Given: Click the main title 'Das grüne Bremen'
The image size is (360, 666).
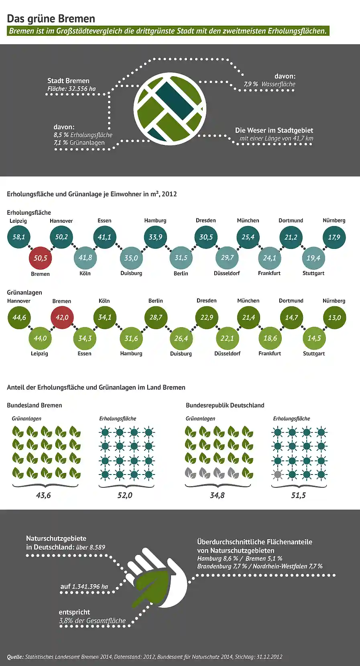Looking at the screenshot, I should point(51,18).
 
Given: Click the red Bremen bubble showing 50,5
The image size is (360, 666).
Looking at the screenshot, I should point(41,258).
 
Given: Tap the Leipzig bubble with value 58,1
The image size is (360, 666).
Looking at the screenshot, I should point(19,237).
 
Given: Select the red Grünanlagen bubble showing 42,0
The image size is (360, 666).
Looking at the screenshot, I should point(62,317).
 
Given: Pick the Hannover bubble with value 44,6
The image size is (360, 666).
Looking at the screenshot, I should point(19,317).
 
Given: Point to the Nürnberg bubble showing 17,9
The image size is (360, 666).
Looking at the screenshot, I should point(334,237).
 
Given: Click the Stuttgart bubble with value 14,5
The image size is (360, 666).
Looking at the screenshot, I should point(314,338).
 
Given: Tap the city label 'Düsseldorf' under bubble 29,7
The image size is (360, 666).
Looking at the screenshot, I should point(227,273).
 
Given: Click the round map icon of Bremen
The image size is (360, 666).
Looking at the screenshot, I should point(170,109).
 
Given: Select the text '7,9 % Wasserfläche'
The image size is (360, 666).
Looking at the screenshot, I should point(269,84).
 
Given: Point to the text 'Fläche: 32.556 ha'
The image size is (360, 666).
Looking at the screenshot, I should point(71,89).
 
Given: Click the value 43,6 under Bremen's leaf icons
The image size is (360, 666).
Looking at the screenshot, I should point(43,495).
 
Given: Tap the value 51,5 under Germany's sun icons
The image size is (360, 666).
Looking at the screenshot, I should point(298,495).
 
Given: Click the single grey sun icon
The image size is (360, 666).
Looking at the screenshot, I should point(277,475).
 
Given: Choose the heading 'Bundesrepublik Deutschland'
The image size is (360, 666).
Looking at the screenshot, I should point(225,405).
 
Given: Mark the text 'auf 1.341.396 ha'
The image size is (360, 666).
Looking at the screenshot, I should point(84,587).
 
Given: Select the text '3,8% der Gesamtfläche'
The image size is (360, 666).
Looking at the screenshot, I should point(92,621).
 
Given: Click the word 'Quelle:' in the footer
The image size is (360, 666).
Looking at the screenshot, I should point(15,657).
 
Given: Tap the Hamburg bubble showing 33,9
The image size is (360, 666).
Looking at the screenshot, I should point(155,237).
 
